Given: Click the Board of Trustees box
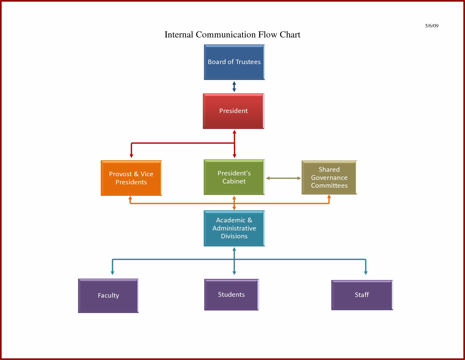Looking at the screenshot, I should click(234, 62).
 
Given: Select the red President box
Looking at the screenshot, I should click(233, 111).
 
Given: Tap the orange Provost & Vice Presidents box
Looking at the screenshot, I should click(131, 178).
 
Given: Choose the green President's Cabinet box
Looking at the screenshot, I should click(234, 177).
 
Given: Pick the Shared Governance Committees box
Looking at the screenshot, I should click(329, 177).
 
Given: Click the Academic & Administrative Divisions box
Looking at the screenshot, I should click(234, 228).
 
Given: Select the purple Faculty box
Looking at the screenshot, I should click(108, 295).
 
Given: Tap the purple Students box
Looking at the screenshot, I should click(231, 295).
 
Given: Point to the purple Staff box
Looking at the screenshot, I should click(362, 295).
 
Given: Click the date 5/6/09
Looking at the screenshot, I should click(432, 26).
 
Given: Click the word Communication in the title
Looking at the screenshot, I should click(226, 34).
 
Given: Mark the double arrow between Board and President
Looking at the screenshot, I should click(234, 87).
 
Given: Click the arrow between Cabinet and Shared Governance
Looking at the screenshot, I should click(283, 178).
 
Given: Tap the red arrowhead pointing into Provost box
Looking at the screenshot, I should click(131, 156).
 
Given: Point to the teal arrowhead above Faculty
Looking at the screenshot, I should click(112, 273).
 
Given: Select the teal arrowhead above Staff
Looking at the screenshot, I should click(366, 273).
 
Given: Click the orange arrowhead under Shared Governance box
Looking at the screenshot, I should click(329, 197).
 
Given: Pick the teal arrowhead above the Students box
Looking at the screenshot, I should click(234, 273).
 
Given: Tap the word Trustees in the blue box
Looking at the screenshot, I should click(248, 62).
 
